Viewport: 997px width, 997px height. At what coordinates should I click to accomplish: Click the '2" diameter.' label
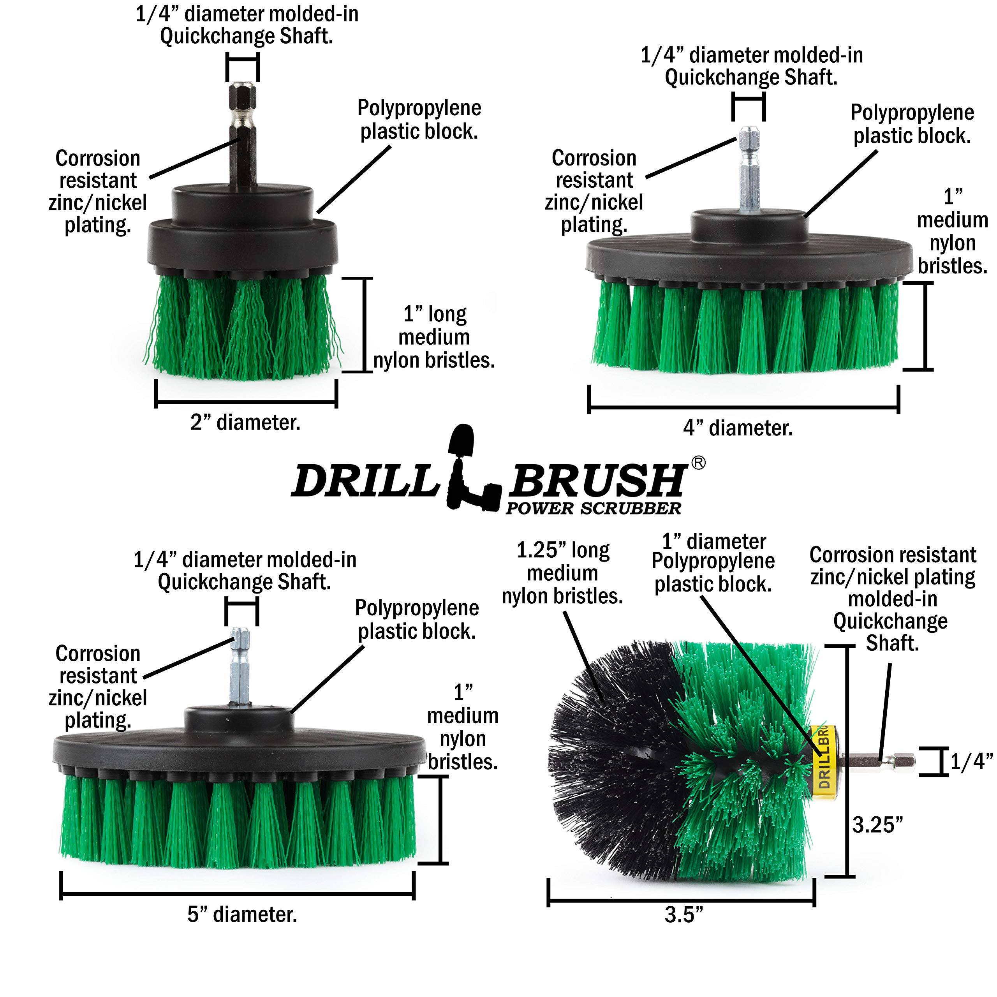coord(245,423)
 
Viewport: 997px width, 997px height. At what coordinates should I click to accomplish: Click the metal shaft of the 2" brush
coord(242,134)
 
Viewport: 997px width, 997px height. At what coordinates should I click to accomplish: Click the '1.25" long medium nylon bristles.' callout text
coord(562,573)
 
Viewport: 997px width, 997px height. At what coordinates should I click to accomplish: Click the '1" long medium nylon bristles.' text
coord(433,337)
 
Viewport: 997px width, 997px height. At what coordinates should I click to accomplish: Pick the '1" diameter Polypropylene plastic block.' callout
coord(713,563)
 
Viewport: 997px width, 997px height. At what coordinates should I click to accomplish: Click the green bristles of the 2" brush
coord(243,325)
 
